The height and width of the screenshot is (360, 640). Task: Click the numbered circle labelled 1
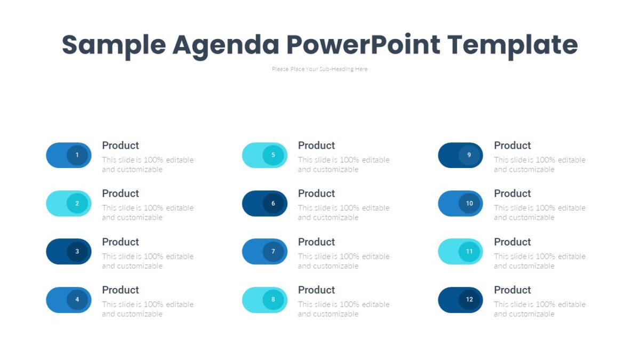coord(77,155)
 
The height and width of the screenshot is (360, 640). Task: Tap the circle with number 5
coord(273,155)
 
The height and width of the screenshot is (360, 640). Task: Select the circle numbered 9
coord(469,155)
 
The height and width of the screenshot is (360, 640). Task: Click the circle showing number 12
coord(469,300)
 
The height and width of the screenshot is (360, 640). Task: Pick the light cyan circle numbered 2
coord(77,203)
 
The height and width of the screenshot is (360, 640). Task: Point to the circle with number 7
coord(273,252)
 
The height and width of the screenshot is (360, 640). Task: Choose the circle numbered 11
coord(469,252)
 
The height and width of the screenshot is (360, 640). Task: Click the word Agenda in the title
coord(226,45)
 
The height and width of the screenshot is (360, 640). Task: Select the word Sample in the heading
coord(114,45)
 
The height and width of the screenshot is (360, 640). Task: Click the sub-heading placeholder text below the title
coord(319,69)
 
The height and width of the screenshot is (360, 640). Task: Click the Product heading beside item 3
coord(121,242)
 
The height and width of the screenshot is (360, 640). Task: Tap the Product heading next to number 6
coord(316,194)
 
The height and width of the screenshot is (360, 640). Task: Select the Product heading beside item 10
coord(513,194)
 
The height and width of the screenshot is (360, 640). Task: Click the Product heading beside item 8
coord(316,290)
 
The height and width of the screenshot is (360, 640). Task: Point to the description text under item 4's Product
coord(147,309)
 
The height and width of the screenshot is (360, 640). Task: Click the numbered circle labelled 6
coord(273,203)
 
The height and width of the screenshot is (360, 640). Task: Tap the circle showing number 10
coord(469,203)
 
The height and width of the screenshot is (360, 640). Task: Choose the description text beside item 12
coord(539,309)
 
